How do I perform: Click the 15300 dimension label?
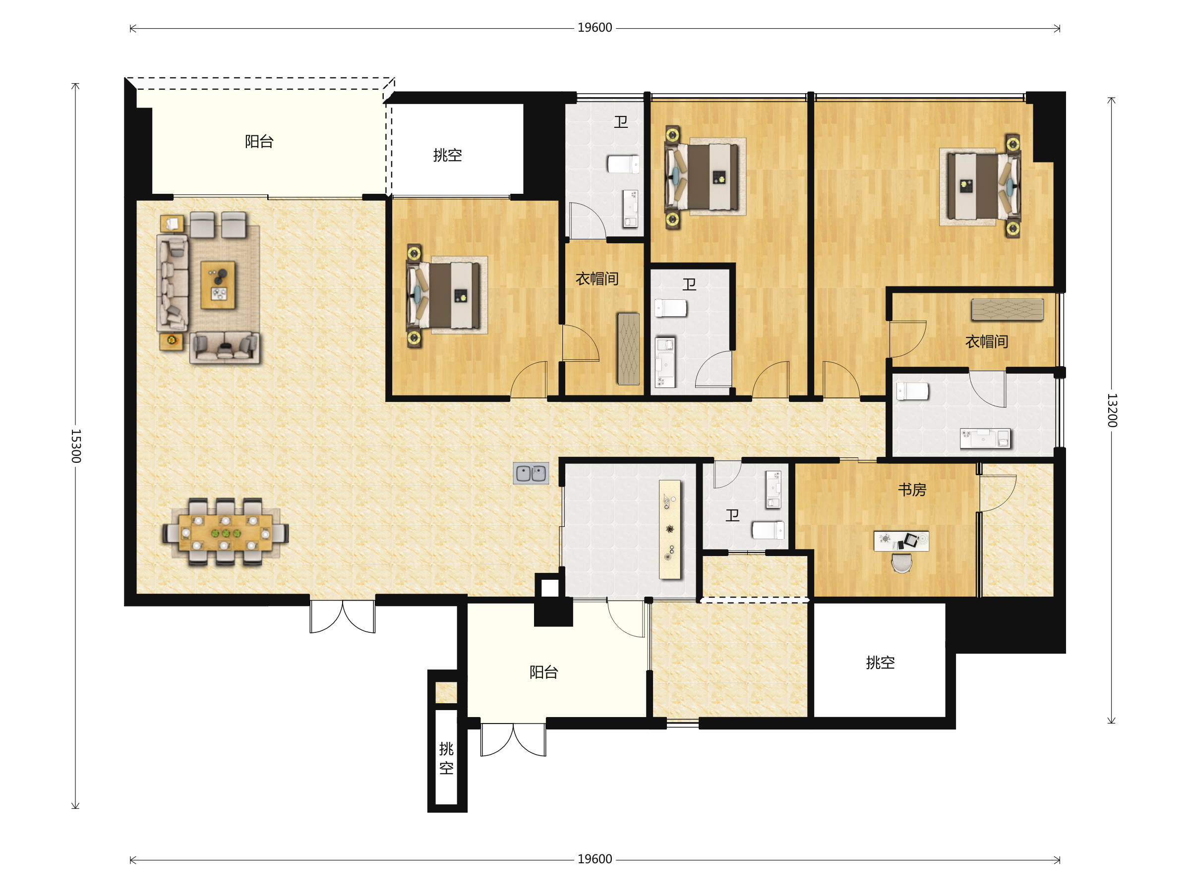(76, 446)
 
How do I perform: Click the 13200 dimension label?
(1112, 410)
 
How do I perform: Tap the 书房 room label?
(912, 490)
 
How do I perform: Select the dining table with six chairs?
(226, 532)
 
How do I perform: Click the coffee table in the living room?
(218, 285)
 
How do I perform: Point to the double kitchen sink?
(531, 473)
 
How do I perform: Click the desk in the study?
(901, 541)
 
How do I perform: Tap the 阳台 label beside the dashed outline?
(259, 141)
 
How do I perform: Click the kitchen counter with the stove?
(670, 530)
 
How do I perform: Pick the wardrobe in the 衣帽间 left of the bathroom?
(628, 348)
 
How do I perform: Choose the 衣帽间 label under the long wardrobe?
(986, 341)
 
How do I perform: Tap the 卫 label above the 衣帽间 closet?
(621, 122)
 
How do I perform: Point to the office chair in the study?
(901, 563)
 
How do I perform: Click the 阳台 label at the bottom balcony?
(544, 672)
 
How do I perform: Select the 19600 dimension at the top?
(595, 28)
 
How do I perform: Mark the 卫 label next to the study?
(732, 516)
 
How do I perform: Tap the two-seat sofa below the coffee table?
(224, 348)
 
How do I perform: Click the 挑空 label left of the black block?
(880, 663)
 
